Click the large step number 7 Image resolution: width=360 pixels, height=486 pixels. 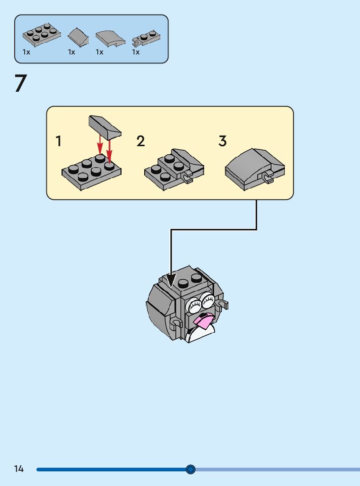[x=20, y=84]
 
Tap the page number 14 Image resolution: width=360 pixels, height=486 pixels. [x=19, y=469]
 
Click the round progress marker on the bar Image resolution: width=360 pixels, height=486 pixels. [x=191, y=469]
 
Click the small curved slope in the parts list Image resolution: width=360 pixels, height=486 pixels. [x=78, y=36]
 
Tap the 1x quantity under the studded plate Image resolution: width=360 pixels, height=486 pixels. [x=26, y=52]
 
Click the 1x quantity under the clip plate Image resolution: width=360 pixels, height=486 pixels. [x=136, y=52]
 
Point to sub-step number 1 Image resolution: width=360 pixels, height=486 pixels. [x=59, y=142]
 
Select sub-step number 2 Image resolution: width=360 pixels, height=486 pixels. [x=141, y=142]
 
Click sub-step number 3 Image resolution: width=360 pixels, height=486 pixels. [x=222, y=142]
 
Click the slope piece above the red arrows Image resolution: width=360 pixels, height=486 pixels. [x=105, y=126]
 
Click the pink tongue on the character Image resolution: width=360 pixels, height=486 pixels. [x=205, y=320]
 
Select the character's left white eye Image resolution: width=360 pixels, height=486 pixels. [x=194, y=305]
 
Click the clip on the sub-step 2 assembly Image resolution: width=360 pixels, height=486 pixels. [x=188, y=178]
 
